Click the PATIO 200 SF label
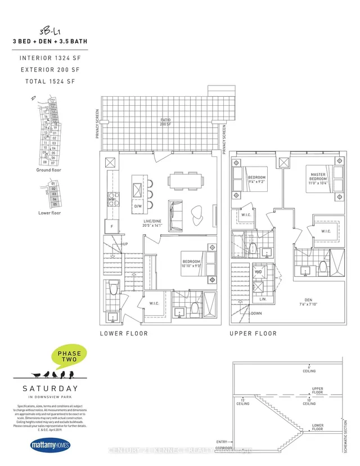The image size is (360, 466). (165, 122)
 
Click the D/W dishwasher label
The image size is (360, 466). (138, 207)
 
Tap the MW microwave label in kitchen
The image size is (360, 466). (111, 199)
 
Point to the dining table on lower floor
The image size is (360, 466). (185, 181)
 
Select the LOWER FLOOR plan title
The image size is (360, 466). (124, 334)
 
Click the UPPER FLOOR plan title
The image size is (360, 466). (253, 334)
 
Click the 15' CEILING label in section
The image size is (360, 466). (243, 402)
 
